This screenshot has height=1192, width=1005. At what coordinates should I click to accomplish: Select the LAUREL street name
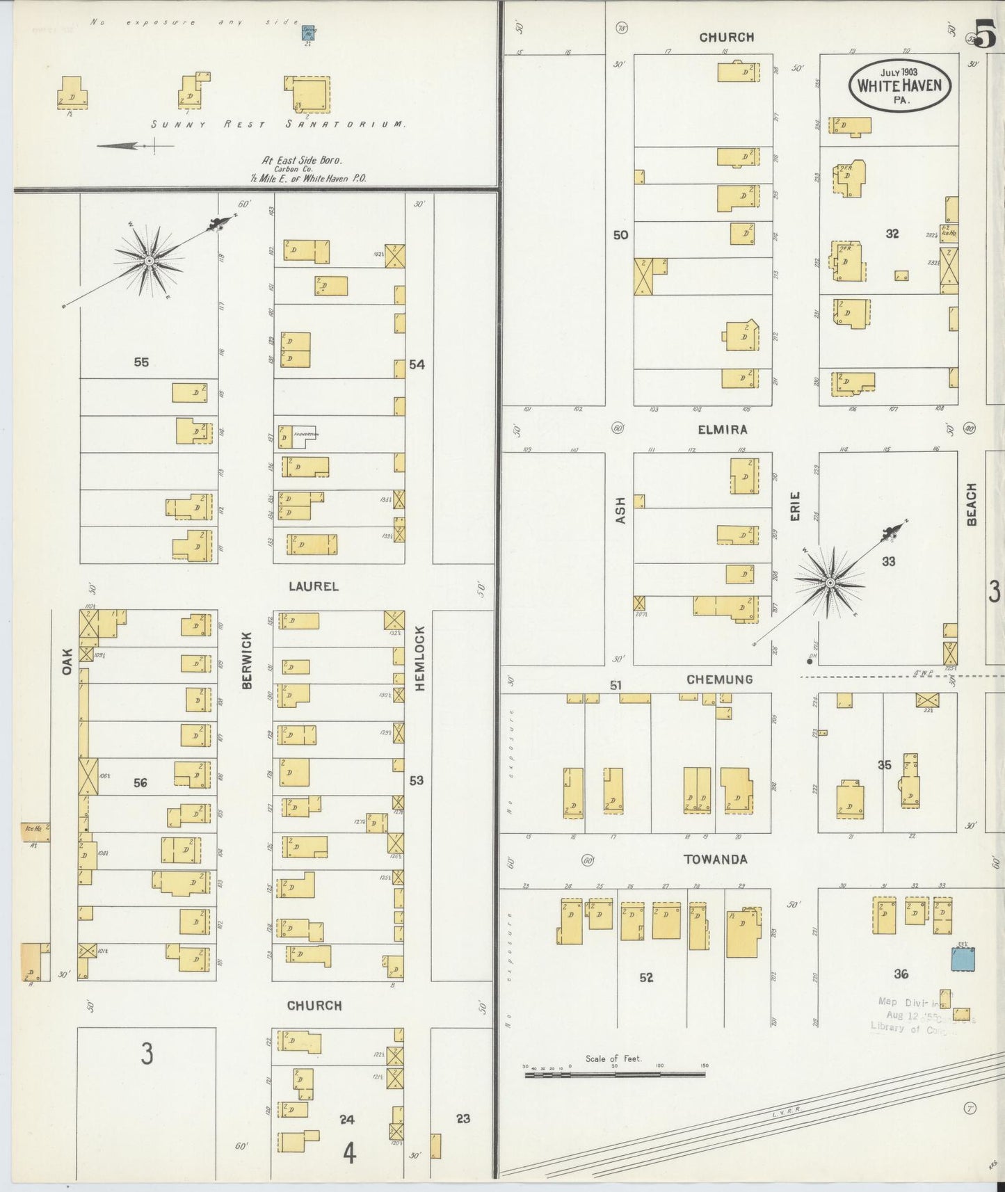pyautogui.click(x=314, y=586)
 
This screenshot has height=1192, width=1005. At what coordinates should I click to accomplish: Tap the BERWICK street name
pyautogui.click(x=246, y=660)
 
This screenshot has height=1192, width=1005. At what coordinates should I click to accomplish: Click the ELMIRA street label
pyautogui.click(x=723, y=429)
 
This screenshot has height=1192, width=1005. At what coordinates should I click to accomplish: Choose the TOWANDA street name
pyautogui.click(x=715, y=859)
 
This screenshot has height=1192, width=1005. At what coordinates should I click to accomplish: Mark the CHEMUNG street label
pyautogui.click(x=719, y=679)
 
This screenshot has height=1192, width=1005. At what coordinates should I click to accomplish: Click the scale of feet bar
pyautogui.click(x=615, y=1074)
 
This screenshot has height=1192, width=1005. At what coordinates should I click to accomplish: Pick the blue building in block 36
pyautogui.click(x=963, y=959)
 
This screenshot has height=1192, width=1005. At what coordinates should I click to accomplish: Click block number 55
pyautogui.click(x=141, y=362)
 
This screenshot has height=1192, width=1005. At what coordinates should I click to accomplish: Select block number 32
pyautogui.click(x=892, y=234)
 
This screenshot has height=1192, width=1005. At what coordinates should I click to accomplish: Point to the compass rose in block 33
pyautogui.click(x=830, y=581)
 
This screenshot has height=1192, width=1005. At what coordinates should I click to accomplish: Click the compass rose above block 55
pyautogui.click(x=148, y=260)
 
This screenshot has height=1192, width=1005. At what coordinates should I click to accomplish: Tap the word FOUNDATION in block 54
pyautogui.click(x=305, y=435)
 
